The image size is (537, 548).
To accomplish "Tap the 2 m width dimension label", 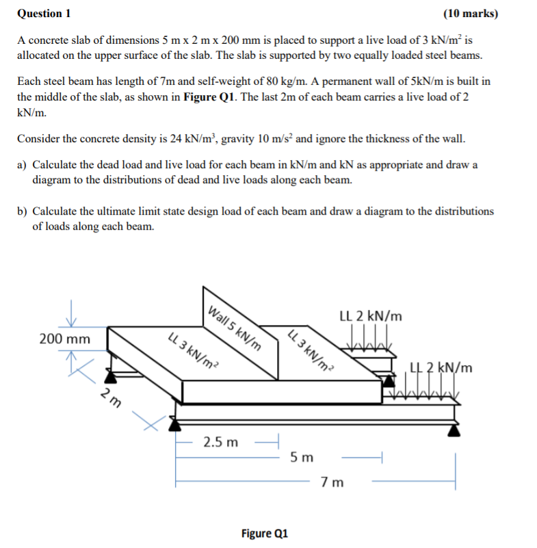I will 110,397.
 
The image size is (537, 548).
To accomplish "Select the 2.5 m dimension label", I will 221,442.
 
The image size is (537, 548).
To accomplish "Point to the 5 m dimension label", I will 302,456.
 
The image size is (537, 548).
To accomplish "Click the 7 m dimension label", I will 332,482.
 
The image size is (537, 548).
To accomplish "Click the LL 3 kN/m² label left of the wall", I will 194,349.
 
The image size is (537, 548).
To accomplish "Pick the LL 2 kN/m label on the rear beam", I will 371,316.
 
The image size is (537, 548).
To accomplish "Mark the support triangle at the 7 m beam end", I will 454,429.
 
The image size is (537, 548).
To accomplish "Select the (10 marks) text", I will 471,14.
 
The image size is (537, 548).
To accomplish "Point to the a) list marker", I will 23,166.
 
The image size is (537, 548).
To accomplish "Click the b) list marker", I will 23,211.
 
